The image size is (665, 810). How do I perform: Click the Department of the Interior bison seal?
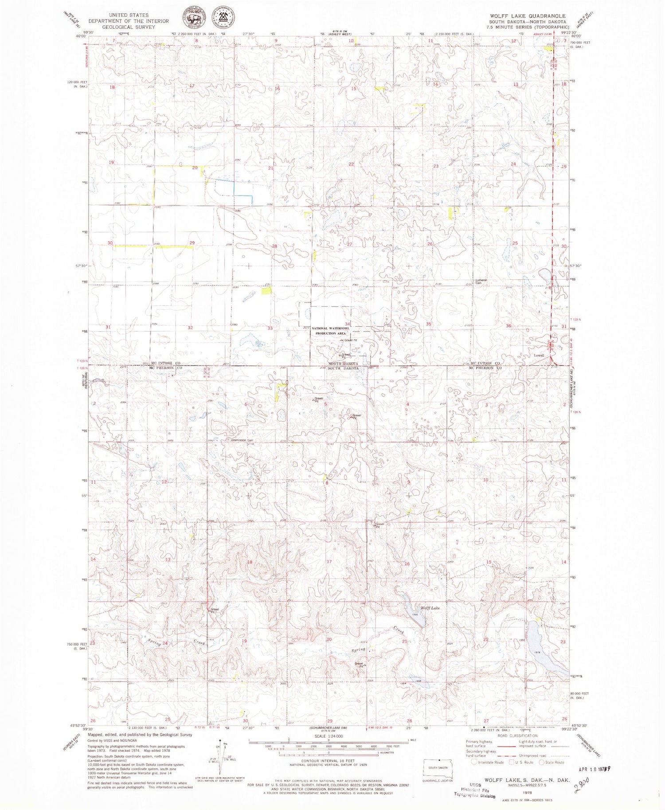click(x=193, y=18)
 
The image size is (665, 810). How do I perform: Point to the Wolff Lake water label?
click(x=430, y=608)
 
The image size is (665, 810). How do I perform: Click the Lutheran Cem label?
click(x=481, y=282)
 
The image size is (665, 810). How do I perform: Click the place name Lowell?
click(x=539, y=355)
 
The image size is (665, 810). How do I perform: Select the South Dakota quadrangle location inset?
click(x=438, y=768)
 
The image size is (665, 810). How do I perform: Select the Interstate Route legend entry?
click(x=486, y=763)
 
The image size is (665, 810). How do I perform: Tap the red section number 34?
click(x=348, y=324)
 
